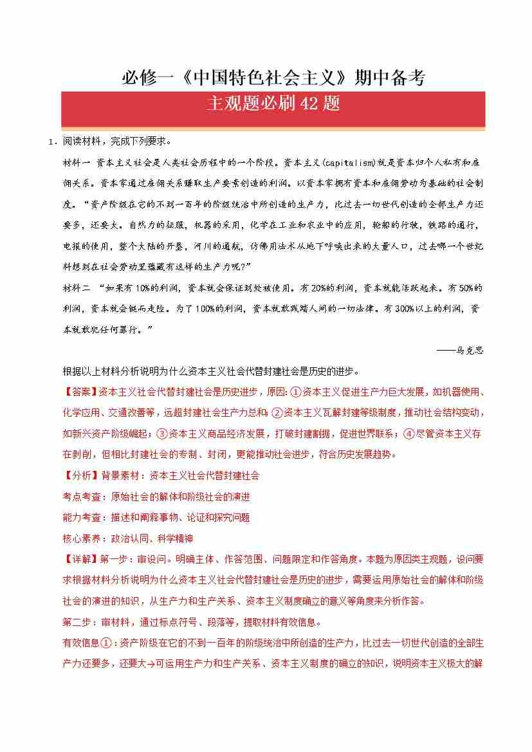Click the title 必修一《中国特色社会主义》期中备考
(273, 78)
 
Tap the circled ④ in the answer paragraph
(408, 434)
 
